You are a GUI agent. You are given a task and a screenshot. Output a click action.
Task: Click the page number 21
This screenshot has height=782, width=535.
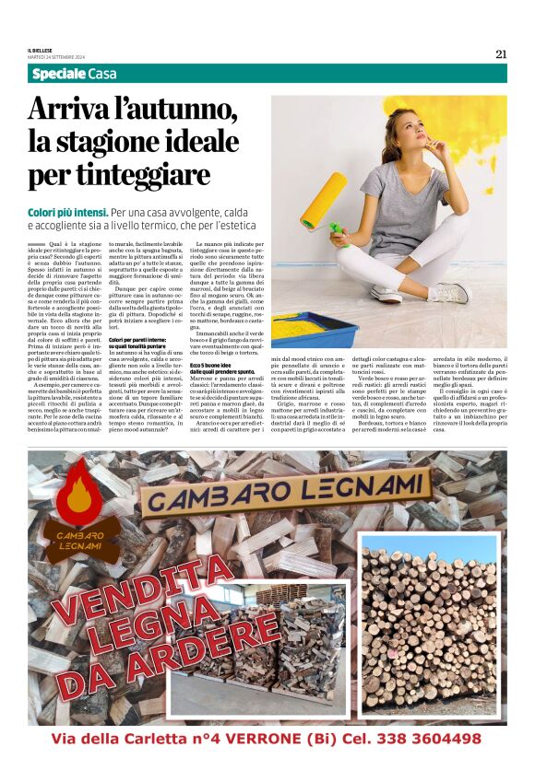[501, 53]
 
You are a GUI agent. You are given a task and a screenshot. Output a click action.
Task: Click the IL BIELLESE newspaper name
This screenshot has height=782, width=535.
[42, 49]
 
